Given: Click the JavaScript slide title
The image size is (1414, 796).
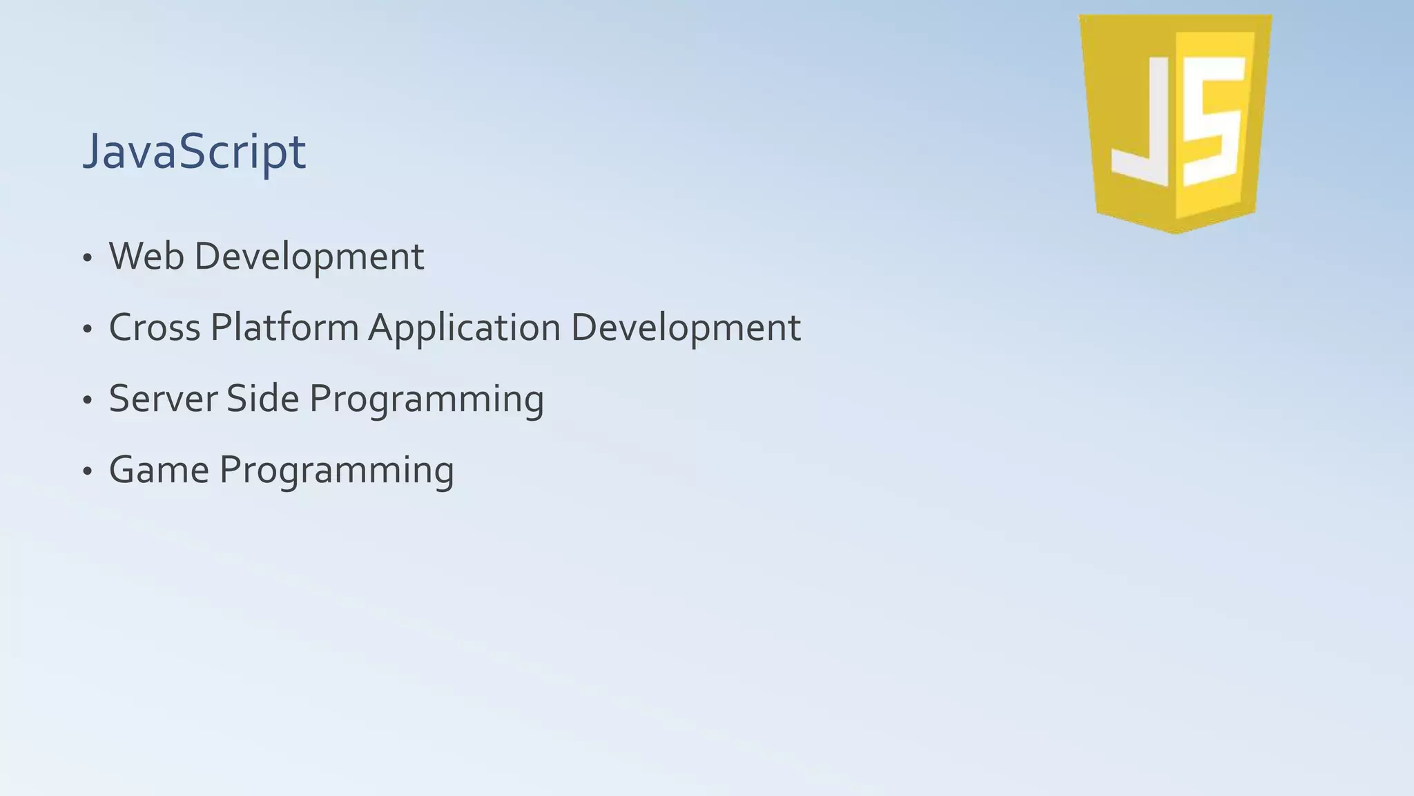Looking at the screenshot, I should [194, 151].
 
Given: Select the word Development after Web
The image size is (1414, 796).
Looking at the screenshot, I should [309, 257].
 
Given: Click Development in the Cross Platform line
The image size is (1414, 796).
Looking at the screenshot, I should [686, 328].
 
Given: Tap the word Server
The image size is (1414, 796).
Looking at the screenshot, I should [162, 399].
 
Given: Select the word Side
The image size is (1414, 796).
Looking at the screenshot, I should [262, 399].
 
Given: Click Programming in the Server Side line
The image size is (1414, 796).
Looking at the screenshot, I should [426, 400].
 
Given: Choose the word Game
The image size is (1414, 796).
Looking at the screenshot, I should [159, 470].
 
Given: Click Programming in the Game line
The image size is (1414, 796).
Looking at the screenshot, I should [336, 471].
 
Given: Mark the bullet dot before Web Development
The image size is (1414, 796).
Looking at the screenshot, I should [87, 258].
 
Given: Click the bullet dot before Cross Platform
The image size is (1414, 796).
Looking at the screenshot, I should [87, 330].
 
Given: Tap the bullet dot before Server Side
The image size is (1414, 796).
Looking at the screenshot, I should [87, 401].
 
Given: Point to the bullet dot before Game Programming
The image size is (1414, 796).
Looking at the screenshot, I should [87, 472].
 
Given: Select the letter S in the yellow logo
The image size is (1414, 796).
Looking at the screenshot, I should [1214, 121].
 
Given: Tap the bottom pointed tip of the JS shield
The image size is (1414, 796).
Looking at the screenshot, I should [1176, 231].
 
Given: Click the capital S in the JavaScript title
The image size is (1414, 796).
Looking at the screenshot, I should [196, 151].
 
